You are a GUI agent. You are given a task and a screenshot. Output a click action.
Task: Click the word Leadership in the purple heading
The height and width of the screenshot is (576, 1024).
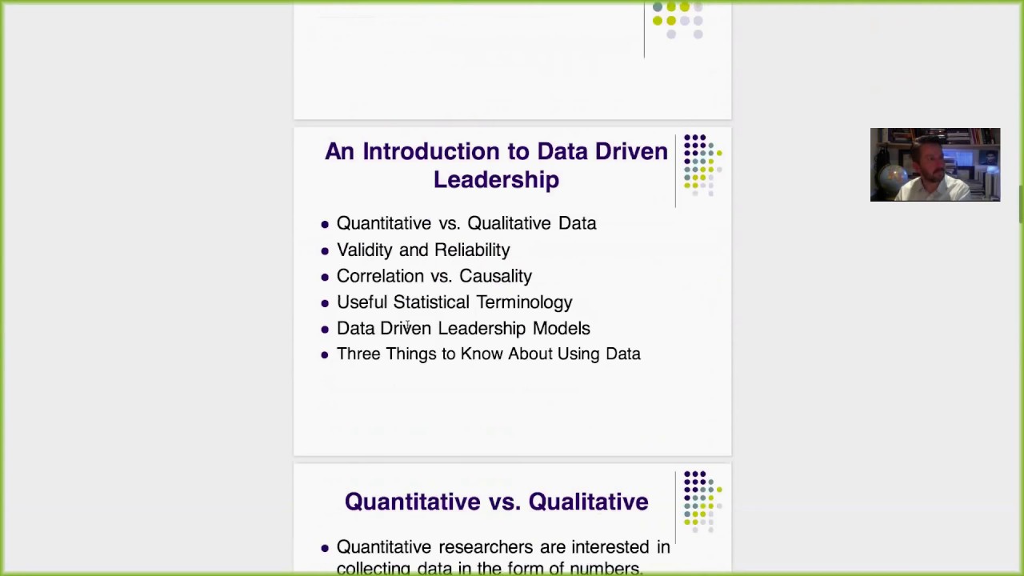point(496,180)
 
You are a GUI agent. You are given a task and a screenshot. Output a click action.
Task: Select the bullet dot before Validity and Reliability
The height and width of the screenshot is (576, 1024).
point(324,250)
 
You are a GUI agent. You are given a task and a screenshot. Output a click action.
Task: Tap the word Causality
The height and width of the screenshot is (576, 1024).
point(495,276)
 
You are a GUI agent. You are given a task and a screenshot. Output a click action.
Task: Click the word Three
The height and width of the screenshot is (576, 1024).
point(358,354)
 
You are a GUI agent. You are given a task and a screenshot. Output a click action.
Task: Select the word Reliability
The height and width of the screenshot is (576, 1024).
point(471,250)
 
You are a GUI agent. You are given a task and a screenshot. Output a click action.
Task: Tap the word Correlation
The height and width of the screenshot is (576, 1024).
point(380,276)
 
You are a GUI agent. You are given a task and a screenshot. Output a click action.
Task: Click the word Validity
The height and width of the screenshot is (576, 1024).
point(364,250)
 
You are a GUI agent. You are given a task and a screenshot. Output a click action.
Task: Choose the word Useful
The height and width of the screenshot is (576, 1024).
point(362,302)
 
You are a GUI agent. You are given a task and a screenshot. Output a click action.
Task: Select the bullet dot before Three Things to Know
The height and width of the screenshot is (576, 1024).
point(324,354)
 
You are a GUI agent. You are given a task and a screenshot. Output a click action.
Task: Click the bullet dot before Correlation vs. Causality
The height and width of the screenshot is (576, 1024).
point(324,277)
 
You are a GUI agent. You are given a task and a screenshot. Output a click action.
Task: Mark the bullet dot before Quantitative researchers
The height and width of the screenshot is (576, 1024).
point(324,548)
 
